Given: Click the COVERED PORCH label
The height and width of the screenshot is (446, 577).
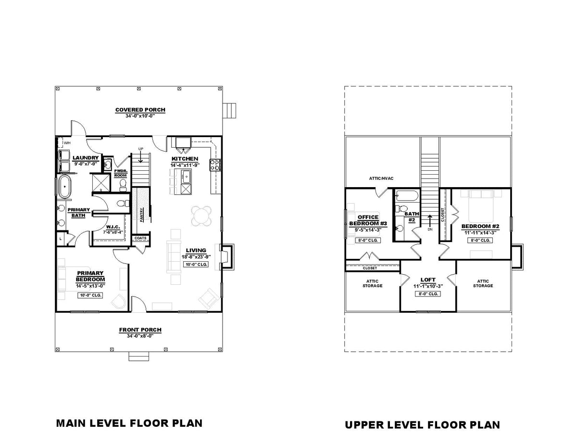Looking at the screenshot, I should click(140, 110).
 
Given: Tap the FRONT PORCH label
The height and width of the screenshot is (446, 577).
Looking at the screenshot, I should click(140, 330).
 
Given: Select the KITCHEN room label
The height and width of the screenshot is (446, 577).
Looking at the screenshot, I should click(185, 159).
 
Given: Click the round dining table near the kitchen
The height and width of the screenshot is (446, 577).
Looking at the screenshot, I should click(202, 216).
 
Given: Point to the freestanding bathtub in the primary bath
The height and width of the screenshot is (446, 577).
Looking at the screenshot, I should click(64, 187).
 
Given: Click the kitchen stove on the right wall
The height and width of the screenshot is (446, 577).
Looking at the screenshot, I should click(214, 165).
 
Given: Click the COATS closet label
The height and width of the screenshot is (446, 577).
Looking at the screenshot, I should click(141, 238).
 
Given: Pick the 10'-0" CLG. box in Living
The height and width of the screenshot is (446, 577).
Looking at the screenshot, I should click(196, 265).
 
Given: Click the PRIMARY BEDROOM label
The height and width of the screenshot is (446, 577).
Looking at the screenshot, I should click(90, 276).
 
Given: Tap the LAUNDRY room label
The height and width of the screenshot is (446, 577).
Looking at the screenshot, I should click(86, 158).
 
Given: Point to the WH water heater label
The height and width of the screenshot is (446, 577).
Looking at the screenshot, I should click(67, 142).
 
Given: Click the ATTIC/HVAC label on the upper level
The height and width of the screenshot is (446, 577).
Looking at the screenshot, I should click(381, 178).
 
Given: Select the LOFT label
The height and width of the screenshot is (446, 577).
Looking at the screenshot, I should click(428, 279).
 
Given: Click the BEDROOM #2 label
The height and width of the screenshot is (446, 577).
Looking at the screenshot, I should click(481, 226).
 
